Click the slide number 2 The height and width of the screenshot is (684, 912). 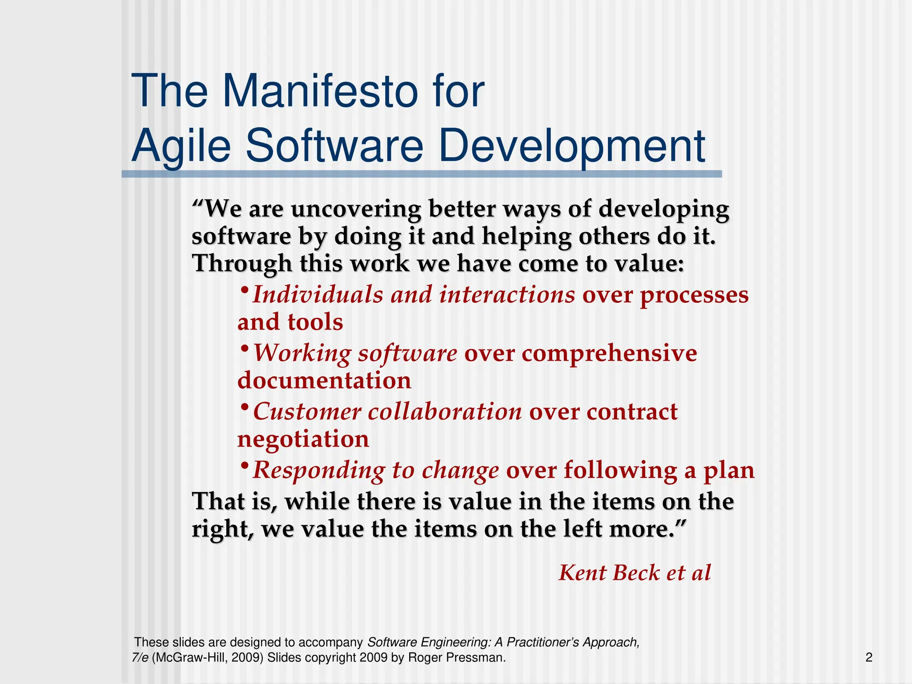[x=869, y=657]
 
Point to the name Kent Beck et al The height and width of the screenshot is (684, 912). [x=635, y=573]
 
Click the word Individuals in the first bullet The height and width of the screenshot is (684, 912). [x=318, y=295]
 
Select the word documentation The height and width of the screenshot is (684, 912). [x=324, y=381]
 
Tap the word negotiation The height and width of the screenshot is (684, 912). [x=303, y=439]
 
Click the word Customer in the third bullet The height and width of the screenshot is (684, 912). [x=307, y=412]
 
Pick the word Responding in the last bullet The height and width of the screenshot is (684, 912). [x=319, y=470]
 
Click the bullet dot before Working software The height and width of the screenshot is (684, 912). [x=244, y=348]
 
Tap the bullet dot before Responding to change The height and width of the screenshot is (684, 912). [x=244, y=466]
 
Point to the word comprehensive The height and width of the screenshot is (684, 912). [x=609, y=354]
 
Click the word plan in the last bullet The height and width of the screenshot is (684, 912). [x=729, y=471]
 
